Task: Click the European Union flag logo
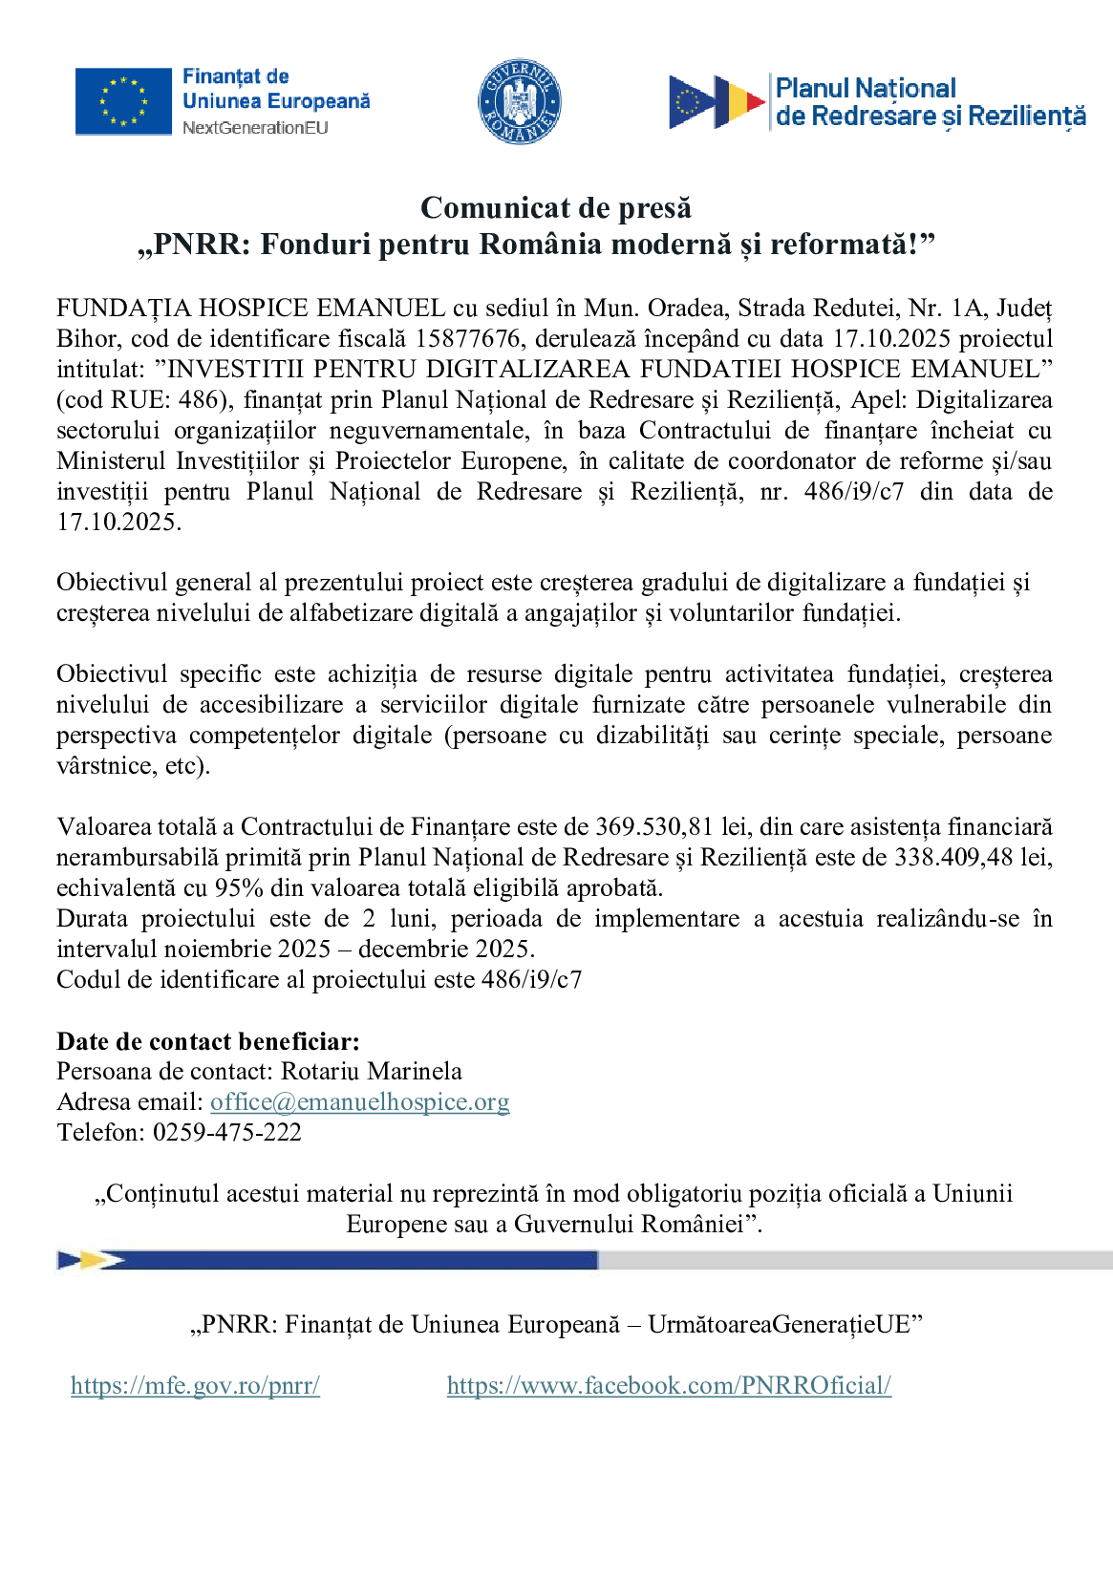coord(122,101)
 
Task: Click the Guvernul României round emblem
coord(519,101)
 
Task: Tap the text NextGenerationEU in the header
coord(255,128)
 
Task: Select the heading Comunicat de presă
coord(556,207)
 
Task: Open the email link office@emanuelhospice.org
coord(360,1101)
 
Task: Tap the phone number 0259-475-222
coord(227,1132)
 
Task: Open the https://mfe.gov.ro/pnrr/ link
coord(195,1385)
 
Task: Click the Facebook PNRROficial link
coord(669,1385)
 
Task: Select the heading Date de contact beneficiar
coord(208,1041)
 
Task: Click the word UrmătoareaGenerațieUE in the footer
coord(780,1324)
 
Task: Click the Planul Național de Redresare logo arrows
coord(717,102)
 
